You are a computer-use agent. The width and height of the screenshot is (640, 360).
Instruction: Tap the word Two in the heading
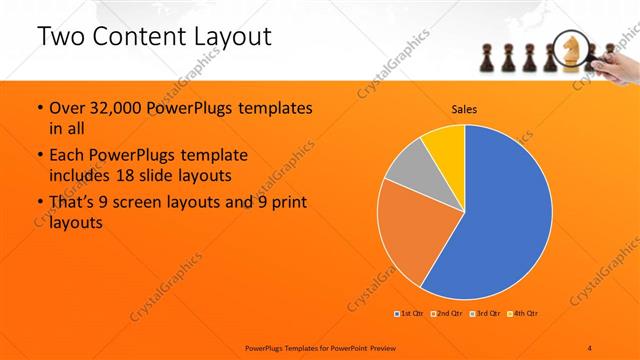click(x=61, y=37)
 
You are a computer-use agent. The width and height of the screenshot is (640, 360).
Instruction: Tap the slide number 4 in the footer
click(x=591, y=346)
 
